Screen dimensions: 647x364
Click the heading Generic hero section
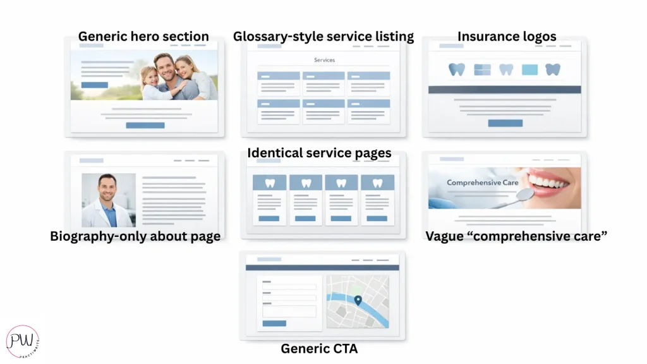pyautogui.click(x=143, y=36)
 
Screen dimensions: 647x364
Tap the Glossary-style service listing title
pyautogui.click(x=323, y=36)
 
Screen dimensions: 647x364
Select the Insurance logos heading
pyautogui.click(x=507, y=36)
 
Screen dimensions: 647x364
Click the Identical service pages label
pyautogui.click(x=319, y=153)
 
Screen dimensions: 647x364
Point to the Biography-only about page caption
pyautogui.click(x=135, y=236)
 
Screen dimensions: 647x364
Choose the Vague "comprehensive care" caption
pyautogui.click(x=516, y=236)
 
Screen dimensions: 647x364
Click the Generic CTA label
pyautogui.click(x=319, y=349)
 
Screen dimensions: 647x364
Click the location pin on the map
pyautogui.click(x=358, y=300)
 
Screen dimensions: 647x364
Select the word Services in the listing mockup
pyautogui.click(x=324, y=60)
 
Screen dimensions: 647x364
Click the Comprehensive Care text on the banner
pyautogui.click(x=482, y=183)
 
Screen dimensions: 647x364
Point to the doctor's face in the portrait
pyautogui.click(x=107, y=188)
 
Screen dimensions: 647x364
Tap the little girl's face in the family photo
pyautogui.click(x=150, y=77)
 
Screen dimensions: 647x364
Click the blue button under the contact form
pyautogui.click(x=274, y=324)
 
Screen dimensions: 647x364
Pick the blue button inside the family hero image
pyautogui.click(x=95, y=85)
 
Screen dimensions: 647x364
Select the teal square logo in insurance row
pyautogui.click(x=530, y=70)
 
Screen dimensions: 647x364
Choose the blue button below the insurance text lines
pyautogui.click(x=505, y=123)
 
